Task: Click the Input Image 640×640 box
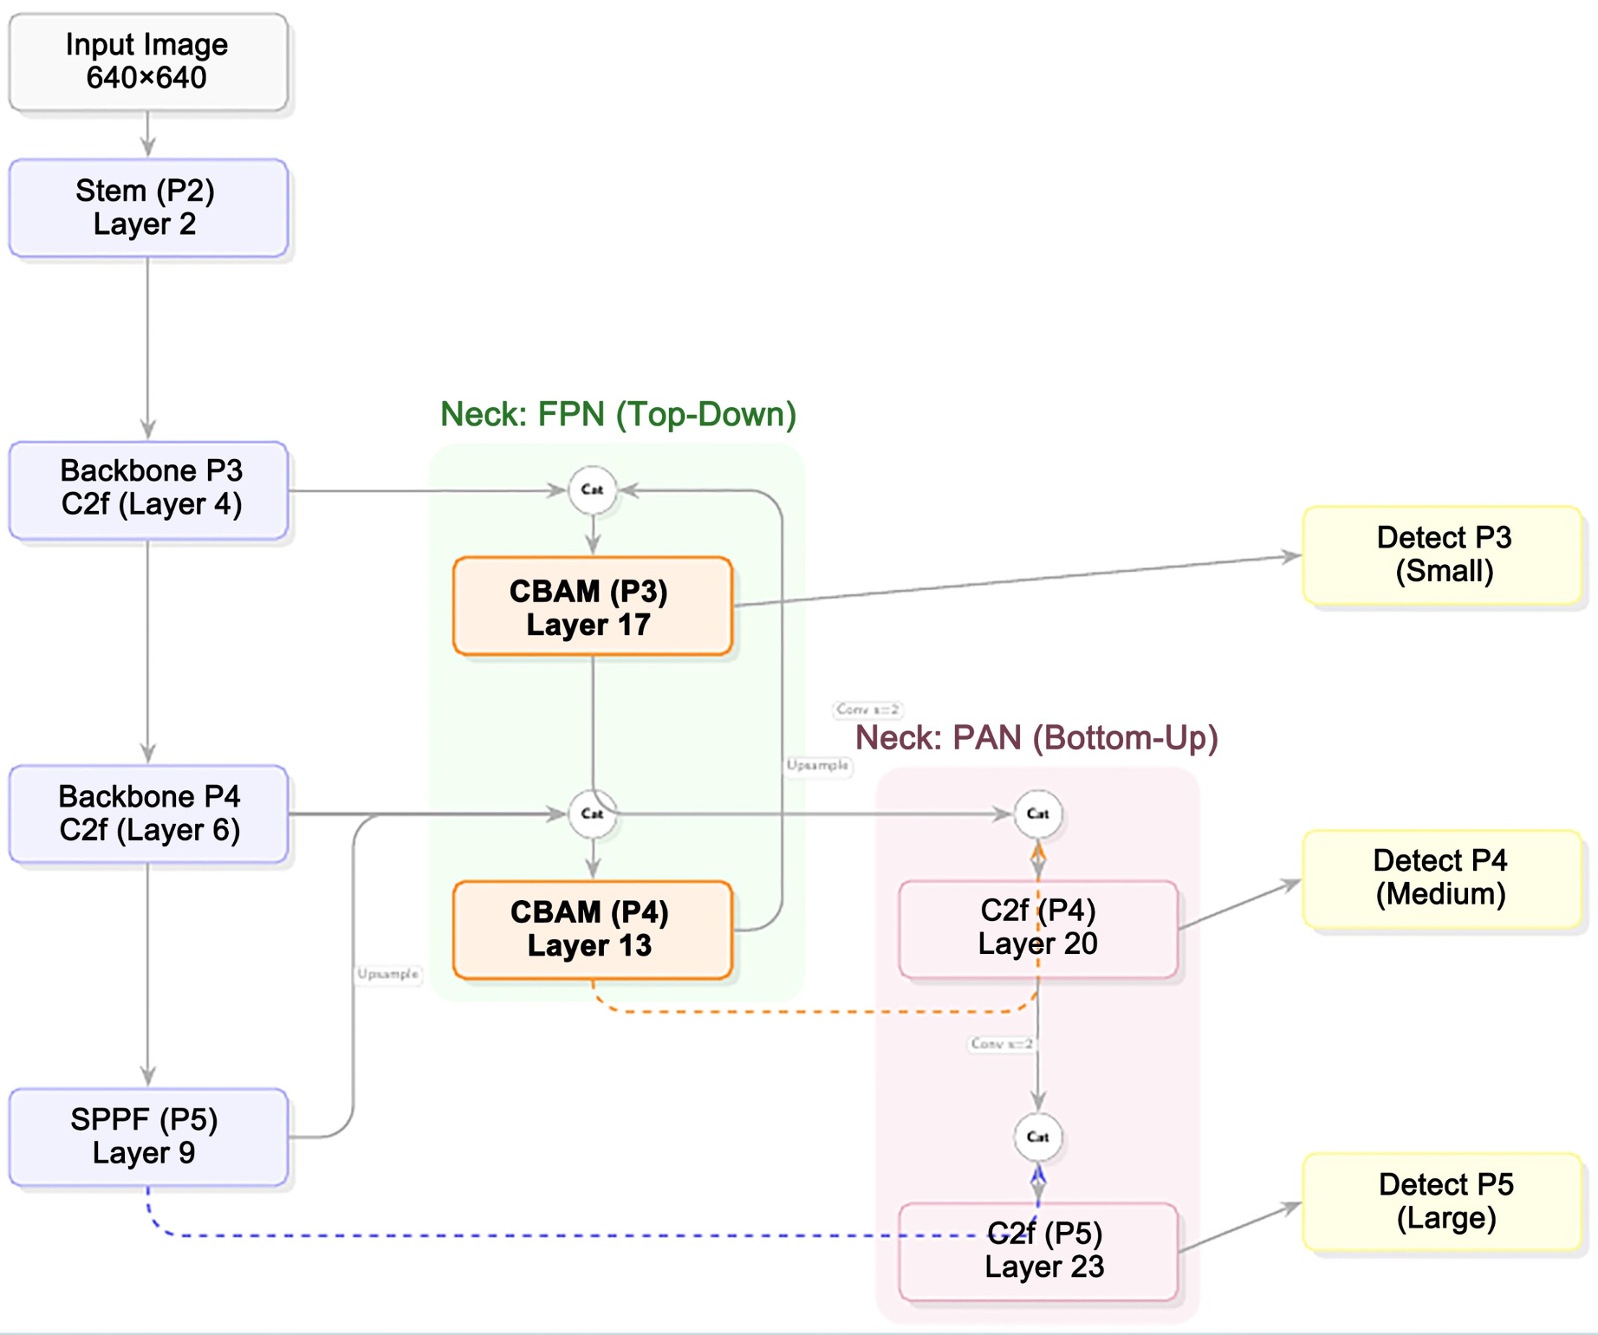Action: [148, 62]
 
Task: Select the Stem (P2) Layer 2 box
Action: [148, 208]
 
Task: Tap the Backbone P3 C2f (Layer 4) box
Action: [149, 489]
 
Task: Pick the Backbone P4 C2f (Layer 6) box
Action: [149, 814]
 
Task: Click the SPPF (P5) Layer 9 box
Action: [148, 1137]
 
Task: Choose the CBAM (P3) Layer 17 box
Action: [592, 607]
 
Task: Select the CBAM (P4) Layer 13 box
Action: [592, 930]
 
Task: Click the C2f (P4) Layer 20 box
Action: [1038, 928]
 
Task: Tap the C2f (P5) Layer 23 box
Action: [1038, 1251]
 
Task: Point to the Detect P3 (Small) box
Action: [1443, 555]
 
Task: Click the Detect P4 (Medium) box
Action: [1443, 878]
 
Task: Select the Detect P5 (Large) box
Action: [1443, 1202]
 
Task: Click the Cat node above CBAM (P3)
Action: [592, 490]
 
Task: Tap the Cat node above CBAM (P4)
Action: [592, 814]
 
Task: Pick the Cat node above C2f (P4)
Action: [1038, 814]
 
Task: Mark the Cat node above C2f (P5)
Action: [1038, 1137]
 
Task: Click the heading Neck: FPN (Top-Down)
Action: [618, 414]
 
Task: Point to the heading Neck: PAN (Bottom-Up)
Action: [1037, 738]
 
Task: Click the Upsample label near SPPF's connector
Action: [389, 974]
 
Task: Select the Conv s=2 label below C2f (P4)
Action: [1001, 1044]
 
